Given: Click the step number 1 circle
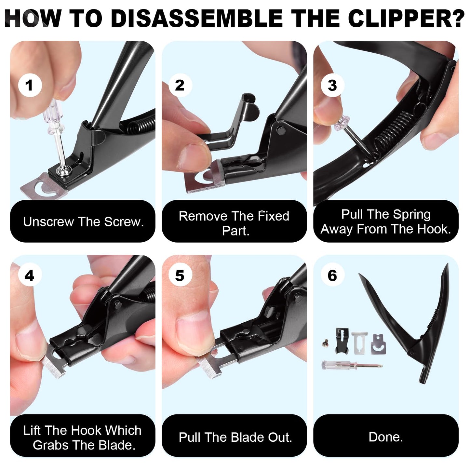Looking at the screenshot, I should (x=30, y=86).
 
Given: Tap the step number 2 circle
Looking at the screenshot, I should (x=180, y=86).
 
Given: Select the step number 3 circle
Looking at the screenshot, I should (x=332, y=86).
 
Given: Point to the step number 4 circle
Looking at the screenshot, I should (x=30, y=275).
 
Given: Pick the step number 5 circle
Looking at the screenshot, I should (x=180, y=275).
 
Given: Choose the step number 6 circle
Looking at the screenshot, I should (x=332, y=275).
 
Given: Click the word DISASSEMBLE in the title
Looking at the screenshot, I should (x=197, y=19).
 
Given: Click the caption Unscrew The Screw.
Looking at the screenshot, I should (x=83, y=222).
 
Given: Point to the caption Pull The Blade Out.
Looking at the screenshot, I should (x=235, y=437).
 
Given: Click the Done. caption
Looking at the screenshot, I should (x=386, y=437).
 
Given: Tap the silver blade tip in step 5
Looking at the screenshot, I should (x=208, y=367).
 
